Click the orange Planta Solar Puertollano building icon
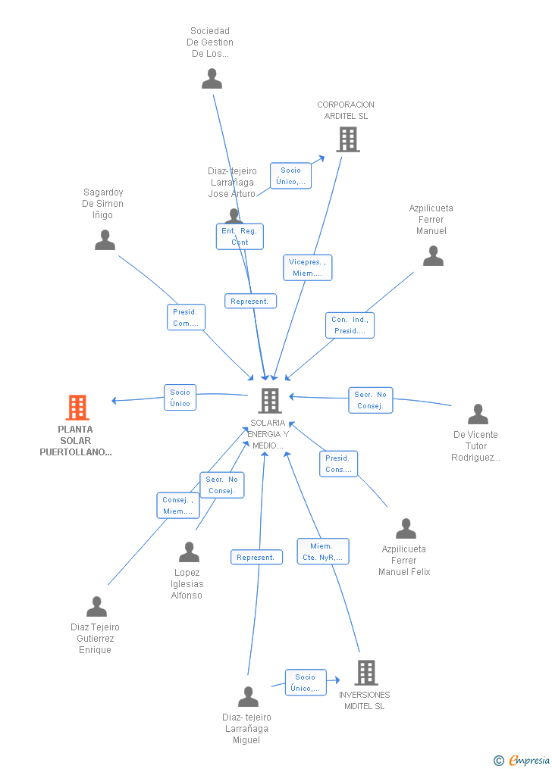(77, 408)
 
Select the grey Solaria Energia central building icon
(270, 401)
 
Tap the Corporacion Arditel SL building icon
(347, 139)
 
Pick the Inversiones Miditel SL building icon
(365, 672)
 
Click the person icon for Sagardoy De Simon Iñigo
(105, 240)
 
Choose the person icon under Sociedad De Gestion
(212, 79)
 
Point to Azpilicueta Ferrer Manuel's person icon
(433, 256)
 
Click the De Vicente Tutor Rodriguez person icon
(478, 414)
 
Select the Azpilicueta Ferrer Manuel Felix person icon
(406, 529)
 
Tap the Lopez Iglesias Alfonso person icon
(189, 552)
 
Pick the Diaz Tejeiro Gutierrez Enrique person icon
(96, 607)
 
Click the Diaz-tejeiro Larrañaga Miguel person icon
(248, 696)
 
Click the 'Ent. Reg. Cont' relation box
(240, 236)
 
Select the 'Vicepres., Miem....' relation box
(307, 267)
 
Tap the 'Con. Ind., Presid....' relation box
(350, 325)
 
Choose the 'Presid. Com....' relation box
(186, 317)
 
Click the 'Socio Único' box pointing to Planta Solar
(180, 398)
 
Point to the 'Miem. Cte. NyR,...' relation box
(321, 551)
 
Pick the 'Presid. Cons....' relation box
(338, 464)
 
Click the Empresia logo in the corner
(522, 760)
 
